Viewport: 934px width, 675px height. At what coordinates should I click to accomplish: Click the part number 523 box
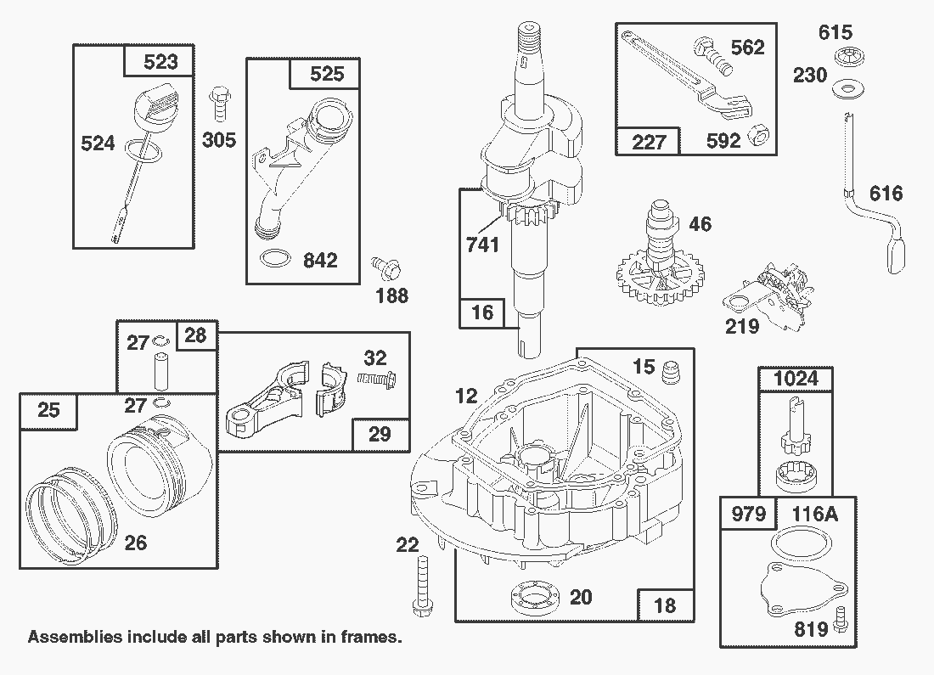[161, 62]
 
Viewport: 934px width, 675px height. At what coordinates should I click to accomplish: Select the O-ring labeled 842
[273, 257]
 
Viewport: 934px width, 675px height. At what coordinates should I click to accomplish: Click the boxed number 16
[482, 312]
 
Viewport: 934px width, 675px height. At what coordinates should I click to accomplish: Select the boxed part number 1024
[796, 378]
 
